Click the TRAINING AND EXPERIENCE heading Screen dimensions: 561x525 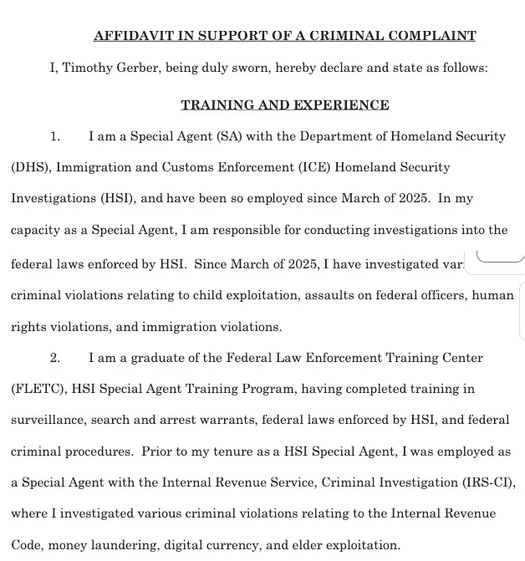pos(284,105)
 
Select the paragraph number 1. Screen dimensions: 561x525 pos(55,136)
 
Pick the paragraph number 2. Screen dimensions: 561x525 pos(55,358)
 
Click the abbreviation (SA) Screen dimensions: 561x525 pos(230,136)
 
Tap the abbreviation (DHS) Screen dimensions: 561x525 pos(32,167)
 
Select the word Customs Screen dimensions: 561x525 pos(208,167)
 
